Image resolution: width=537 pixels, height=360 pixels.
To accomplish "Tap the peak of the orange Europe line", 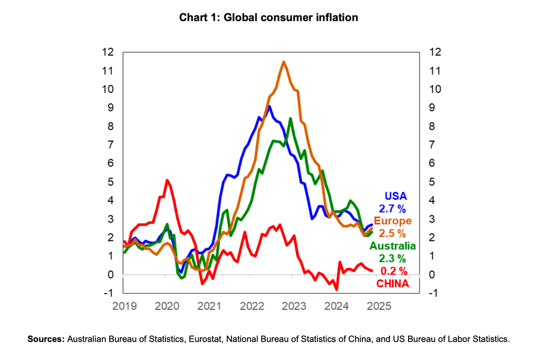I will [283, 62].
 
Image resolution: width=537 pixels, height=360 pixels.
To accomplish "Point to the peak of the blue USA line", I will [269, 106].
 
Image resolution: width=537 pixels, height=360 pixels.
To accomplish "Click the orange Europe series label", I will [393, 221].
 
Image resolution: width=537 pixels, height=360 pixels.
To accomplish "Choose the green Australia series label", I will [393, 246].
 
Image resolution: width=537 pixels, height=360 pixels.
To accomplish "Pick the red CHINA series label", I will [393, 283].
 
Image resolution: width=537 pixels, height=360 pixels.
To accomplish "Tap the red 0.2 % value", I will [394, 271].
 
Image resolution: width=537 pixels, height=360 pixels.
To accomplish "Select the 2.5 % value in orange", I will [393, 233].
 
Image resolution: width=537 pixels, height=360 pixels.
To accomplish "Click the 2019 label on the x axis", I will [124, 306].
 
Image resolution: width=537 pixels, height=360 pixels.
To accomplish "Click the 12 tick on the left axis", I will [109, 52].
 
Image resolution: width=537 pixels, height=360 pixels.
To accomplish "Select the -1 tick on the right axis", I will [432, 293].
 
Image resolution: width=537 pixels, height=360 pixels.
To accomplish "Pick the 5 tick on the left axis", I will [111, 182].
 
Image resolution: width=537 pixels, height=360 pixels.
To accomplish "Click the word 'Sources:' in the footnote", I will [46, 339].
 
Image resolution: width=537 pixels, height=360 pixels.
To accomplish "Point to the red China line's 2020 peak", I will [167, 180].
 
